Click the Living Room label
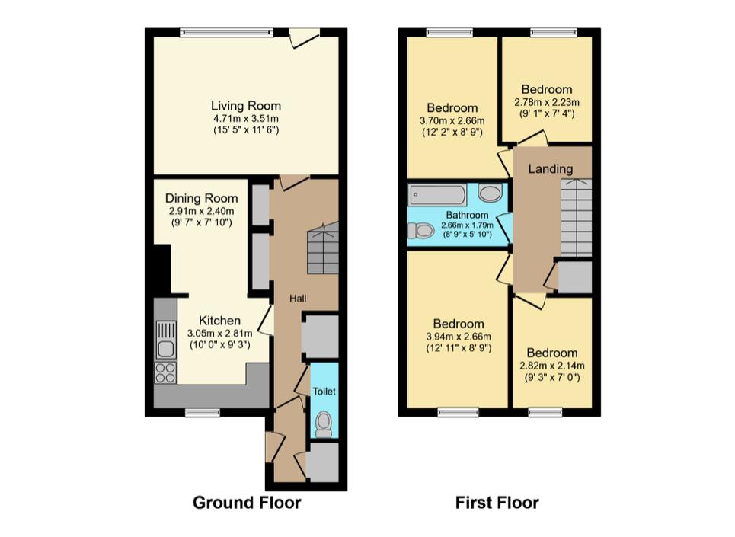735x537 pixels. pos(245,106)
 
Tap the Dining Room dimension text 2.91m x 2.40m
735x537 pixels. pos(202,211)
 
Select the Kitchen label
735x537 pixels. pos(219,321)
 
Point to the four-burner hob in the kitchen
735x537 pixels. pos(165,373)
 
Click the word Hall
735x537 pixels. pos(298,299)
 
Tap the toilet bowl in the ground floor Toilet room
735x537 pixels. pos(324,424)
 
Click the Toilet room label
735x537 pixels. pos(324,391)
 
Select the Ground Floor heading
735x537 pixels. pos(247,503)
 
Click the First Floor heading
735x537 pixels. pos(497,503)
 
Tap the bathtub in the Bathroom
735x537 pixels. pos(437,194)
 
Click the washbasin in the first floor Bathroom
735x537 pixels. pos(491,193)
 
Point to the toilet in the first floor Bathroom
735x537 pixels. pos(420,230)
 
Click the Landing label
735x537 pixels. pos(551,168)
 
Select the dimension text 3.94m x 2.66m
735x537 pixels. pos(459,337)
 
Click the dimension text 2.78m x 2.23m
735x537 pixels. pos(547,101)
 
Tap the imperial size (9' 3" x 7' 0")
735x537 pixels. pos(551,377)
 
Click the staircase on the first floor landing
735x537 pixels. pos(576,218)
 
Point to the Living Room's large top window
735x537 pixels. pos(227,32)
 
